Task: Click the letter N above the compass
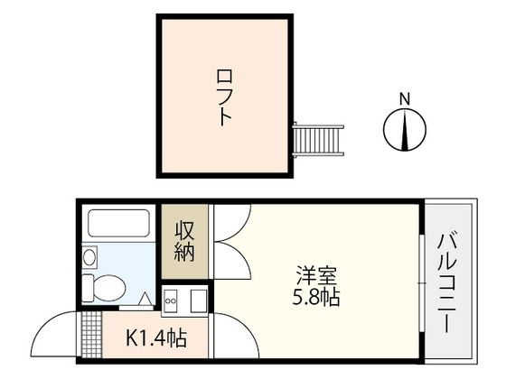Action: (x=406, y=97)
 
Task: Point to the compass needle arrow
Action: (x=406, y=128)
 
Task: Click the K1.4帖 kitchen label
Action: (x=156, y=339)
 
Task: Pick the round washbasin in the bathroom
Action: (x=89, y=258)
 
